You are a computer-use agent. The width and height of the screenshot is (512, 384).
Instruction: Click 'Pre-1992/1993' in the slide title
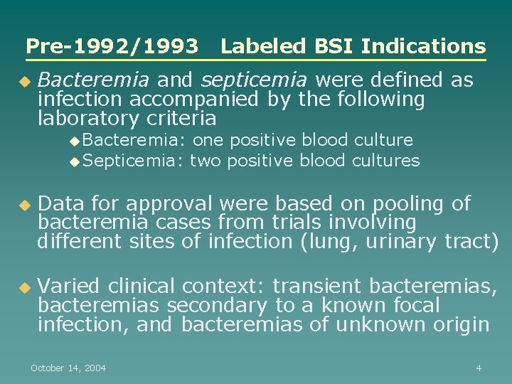[112, 47]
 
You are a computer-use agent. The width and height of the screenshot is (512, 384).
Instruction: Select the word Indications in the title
[423, 47]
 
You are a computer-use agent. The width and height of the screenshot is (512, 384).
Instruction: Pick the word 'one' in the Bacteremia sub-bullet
[208, 140]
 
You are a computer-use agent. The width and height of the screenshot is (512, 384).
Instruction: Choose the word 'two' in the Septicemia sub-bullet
[205, 161]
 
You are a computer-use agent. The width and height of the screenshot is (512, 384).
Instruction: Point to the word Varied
[68, 287]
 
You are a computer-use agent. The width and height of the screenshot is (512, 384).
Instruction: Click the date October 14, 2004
[68, 368]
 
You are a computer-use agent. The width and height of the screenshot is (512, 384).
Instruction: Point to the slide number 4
[479, 368]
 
